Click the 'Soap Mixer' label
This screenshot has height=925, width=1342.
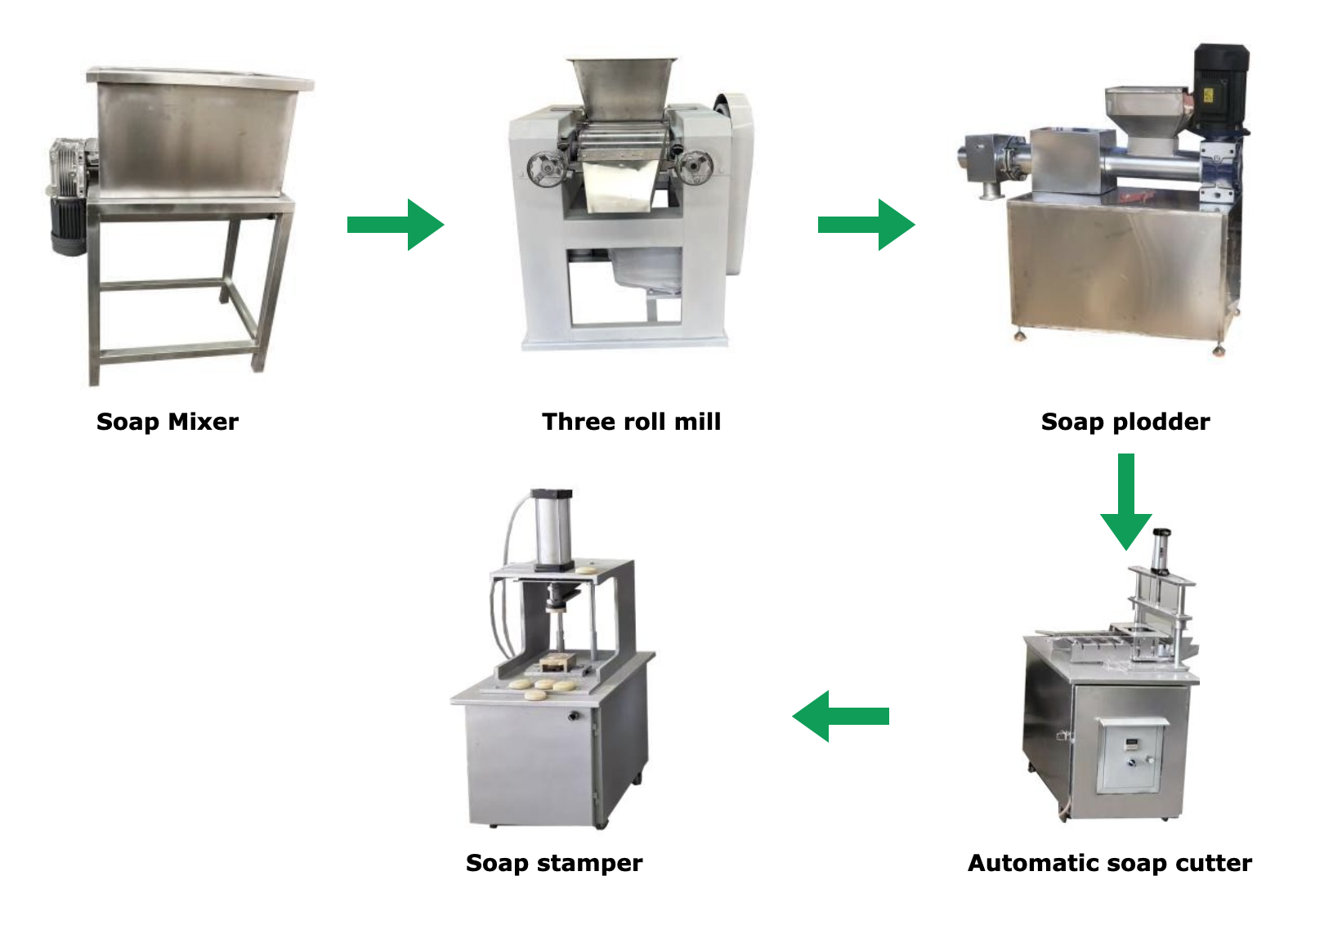[168, 422]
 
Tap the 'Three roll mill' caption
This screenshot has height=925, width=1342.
[632, 422]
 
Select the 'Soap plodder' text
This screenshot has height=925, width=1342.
[1125, 422]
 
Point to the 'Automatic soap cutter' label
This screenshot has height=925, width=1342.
[1110, 863]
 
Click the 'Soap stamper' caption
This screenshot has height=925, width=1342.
[554, 864]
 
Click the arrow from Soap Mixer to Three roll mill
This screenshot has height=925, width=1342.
[396, 225]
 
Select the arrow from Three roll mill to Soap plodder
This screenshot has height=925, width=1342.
[866, 225]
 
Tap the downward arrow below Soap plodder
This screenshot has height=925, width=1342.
[1126, 502]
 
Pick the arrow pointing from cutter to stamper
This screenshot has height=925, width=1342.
[840, 716]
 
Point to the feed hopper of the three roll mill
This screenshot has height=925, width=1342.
[623, 88]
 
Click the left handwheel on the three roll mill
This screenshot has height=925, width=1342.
[546, 168]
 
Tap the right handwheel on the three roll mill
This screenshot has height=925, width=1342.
[695, 167]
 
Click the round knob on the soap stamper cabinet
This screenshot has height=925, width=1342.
[574, 716]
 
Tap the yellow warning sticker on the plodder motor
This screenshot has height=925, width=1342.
[1208, 96]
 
